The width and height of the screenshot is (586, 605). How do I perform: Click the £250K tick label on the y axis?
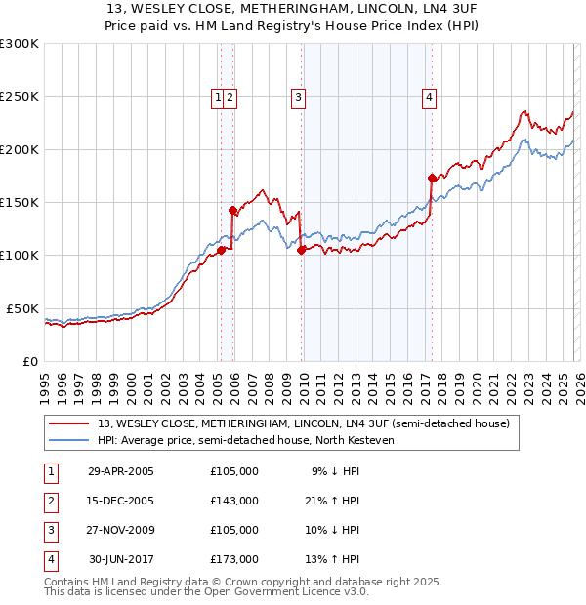click(x=19, y=97)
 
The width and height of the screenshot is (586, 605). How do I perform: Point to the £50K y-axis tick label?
click(x=22, y=308)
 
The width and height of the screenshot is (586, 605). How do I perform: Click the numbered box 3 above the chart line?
click(x=297, y=97)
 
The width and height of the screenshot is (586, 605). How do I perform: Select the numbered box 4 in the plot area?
click(x=430, y=97)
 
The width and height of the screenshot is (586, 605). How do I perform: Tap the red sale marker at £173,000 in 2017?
click(x=432, y=178)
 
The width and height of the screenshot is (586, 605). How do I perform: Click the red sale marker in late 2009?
click(x=301, y=250)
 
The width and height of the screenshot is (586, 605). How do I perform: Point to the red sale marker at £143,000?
click(x=232, y=210)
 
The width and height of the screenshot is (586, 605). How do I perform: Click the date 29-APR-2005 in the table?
click(x=121, y=471)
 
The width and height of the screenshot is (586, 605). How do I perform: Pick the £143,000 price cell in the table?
click(x=234, y=501)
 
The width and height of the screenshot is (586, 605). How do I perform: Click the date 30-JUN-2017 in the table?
click(x=121, y=559)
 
